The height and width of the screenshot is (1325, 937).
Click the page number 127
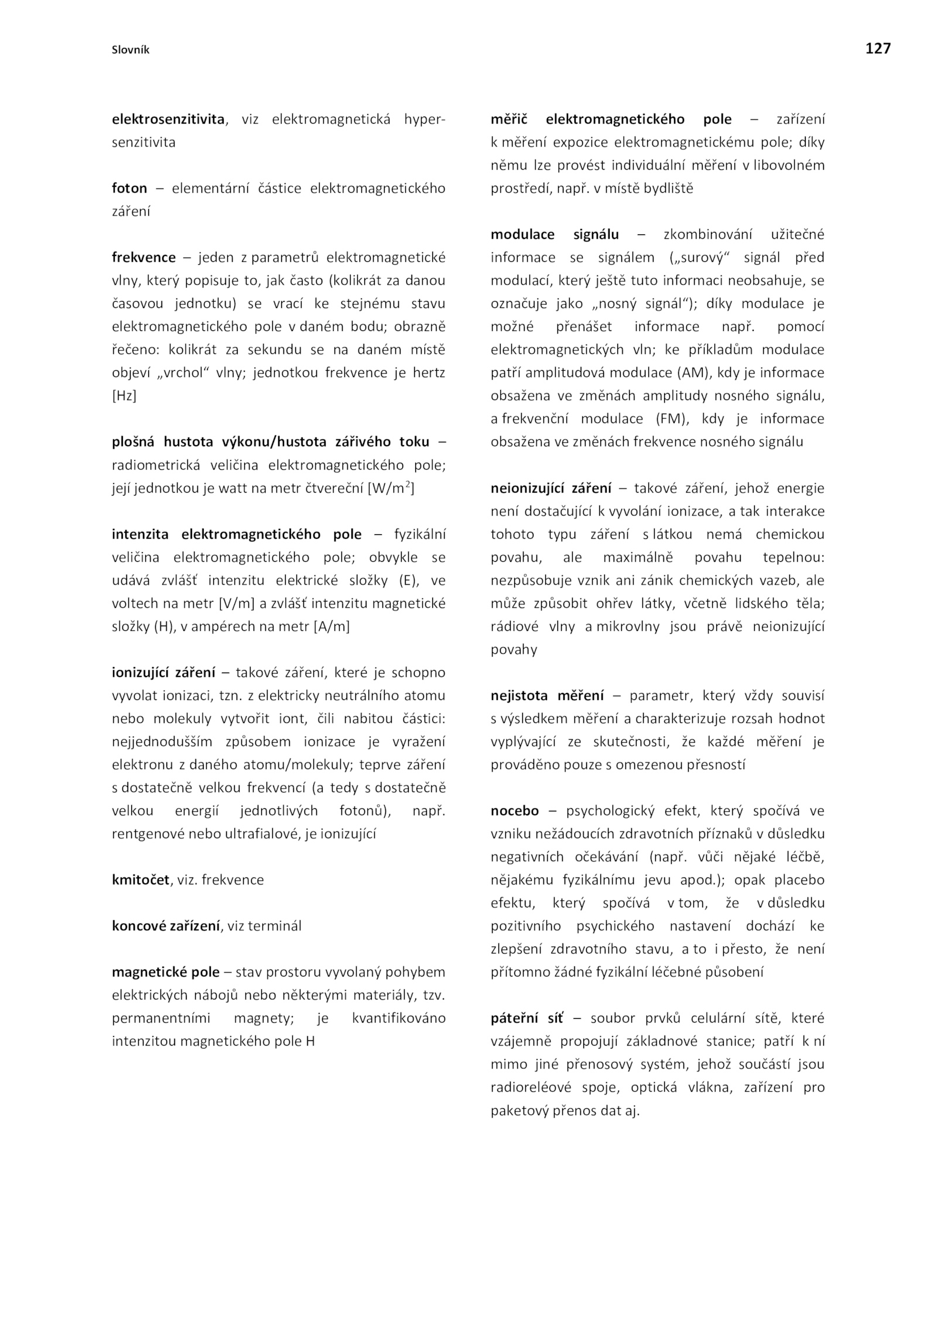[877, 49]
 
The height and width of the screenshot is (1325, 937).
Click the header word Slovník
[131, 50]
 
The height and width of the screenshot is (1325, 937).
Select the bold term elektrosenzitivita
[168, 119]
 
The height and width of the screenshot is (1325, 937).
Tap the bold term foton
[129, 189]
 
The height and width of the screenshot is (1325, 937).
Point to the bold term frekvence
[143, 258]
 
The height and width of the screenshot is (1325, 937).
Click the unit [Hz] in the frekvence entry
[124, 396]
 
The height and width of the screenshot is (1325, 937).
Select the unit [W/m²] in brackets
[391, 488]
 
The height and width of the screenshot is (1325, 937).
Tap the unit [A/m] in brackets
[331, 627]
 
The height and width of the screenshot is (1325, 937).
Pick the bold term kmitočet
[141, 880]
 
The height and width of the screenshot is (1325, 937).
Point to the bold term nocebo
[514, 811]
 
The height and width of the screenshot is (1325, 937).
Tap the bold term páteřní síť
[526, 1019]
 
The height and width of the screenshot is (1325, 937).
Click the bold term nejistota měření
[547, 696]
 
